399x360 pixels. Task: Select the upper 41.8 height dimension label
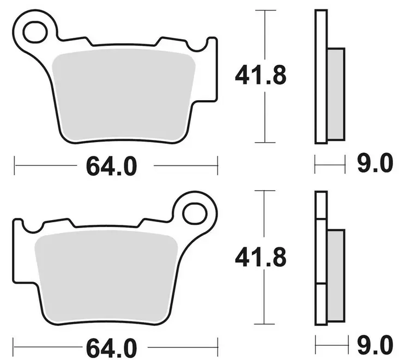click(260, 76)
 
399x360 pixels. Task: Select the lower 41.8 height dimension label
click(260, 258)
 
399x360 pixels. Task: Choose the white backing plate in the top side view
click(321, 76)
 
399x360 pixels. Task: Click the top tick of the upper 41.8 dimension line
click(265, 10)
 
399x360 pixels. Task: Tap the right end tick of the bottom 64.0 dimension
click(217, 345)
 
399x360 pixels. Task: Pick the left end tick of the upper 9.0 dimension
click(316, 163)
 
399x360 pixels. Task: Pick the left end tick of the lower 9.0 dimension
click(316, 344)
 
